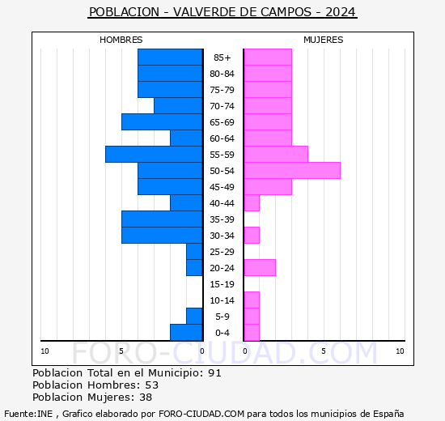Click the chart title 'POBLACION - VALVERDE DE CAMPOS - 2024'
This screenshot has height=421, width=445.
(222, 12)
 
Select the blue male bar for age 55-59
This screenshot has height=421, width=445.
(154, 154)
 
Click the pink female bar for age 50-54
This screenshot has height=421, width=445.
(291, 170)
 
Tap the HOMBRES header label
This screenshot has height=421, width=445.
(121, 40)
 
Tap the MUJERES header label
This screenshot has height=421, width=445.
(323, 40)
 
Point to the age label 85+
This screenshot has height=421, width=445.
(222, 57)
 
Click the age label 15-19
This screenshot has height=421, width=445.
(222, 284)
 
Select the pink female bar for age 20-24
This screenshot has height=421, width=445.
(260, 267)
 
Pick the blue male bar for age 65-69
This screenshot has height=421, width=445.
(162, 121)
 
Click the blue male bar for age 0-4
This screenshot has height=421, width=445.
(186, 332)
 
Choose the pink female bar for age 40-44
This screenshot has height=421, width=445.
(252, 202)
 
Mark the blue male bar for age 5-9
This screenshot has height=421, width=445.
(194, 316)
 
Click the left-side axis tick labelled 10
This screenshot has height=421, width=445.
(45, 351)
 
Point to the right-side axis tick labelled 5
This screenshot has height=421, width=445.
(323, 351)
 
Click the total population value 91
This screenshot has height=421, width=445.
(214, 373)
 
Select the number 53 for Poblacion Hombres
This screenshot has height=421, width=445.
(151, 385)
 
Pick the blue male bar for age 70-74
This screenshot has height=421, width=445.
(178, 105)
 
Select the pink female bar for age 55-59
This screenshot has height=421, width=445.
(276, 154)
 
